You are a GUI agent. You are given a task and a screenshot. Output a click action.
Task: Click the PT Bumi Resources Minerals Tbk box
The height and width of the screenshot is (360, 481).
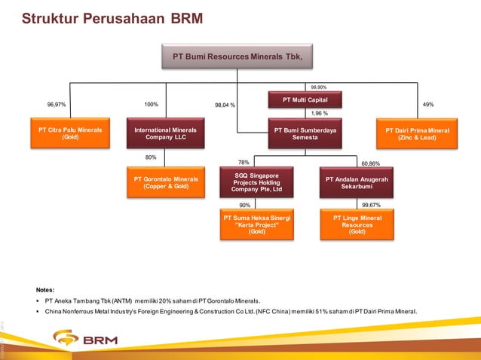[x=237, y=56]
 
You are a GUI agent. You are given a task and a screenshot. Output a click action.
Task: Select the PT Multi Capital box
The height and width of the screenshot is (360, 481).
[x=305, y=99]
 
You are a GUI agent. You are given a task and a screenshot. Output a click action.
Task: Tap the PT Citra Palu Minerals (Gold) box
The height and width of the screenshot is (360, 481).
[x=70, y=133]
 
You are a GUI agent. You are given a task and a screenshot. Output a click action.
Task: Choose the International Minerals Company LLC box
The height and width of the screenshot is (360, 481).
[x=165, y=133]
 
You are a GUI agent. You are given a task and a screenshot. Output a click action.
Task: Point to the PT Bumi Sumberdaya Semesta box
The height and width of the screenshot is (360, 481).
[x=305, y=133]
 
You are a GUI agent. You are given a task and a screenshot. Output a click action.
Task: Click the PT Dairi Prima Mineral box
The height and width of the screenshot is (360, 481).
[x=417, y=133]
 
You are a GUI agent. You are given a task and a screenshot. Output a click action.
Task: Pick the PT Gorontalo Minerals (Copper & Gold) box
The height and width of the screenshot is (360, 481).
[x=165, y=183]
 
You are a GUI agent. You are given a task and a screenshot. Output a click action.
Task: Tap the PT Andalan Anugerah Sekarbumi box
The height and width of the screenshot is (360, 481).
[x=357, y=183]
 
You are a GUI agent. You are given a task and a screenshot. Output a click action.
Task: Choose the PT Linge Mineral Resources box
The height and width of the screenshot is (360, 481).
[x=357, y=225]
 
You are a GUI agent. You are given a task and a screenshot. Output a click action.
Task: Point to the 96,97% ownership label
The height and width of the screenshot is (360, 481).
[x=56, y=105]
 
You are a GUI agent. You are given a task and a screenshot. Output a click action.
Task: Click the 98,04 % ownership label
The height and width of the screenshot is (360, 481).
[x=225, y=105]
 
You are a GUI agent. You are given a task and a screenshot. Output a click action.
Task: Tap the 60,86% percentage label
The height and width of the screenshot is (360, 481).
[x=370, y=163]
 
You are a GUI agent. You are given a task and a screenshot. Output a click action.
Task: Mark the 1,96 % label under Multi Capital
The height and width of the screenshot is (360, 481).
[x=320, y=114]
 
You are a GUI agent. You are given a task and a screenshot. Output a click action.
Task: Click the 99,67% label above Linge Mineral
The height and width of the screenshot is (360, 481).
[x=370, y=205]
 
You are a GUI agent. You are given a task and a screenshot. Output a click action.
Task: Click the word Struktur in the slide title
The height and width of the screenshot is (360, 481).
[x=47, y=17]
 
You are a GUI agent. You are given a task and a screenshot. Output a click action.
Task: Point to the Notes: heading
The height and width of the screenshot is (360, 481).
[x=45, y=289]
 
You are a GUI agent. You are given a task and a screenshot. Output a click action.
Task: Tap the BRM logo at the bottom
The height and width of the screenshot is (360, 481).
[x=72, y=340]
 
